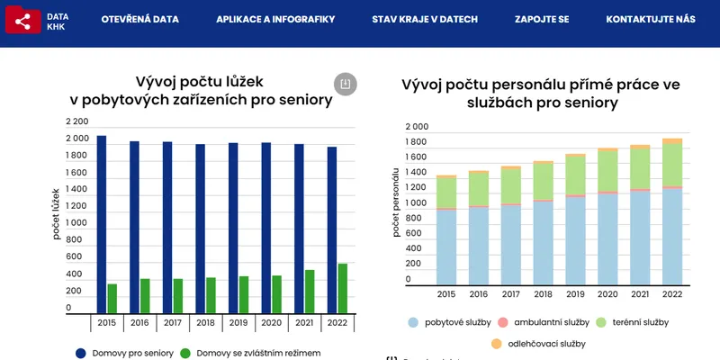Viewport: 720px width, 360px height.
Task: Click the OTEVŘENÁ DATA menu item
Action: [139, 19]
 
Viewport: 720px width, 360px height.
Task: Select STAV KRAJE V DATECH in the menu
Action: [425, 19]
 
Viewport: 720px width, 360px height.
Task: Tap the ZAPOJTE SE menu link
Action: [542, 19]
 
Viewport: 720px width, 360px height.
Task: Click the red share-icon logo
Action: [22, 20]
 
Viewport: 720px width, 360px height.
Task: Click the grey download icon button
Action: [345, 84]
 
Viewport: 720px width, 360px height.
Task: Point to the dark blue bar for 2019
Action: [233, 227]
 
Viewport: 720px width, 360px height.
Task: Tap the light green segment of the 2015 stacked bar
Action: [446, 193]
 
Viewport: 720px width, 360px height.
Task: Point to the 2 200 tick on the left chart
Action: [77, 121]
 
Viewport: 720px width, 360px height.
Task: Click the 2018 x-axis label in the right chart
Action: [543, 294]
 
